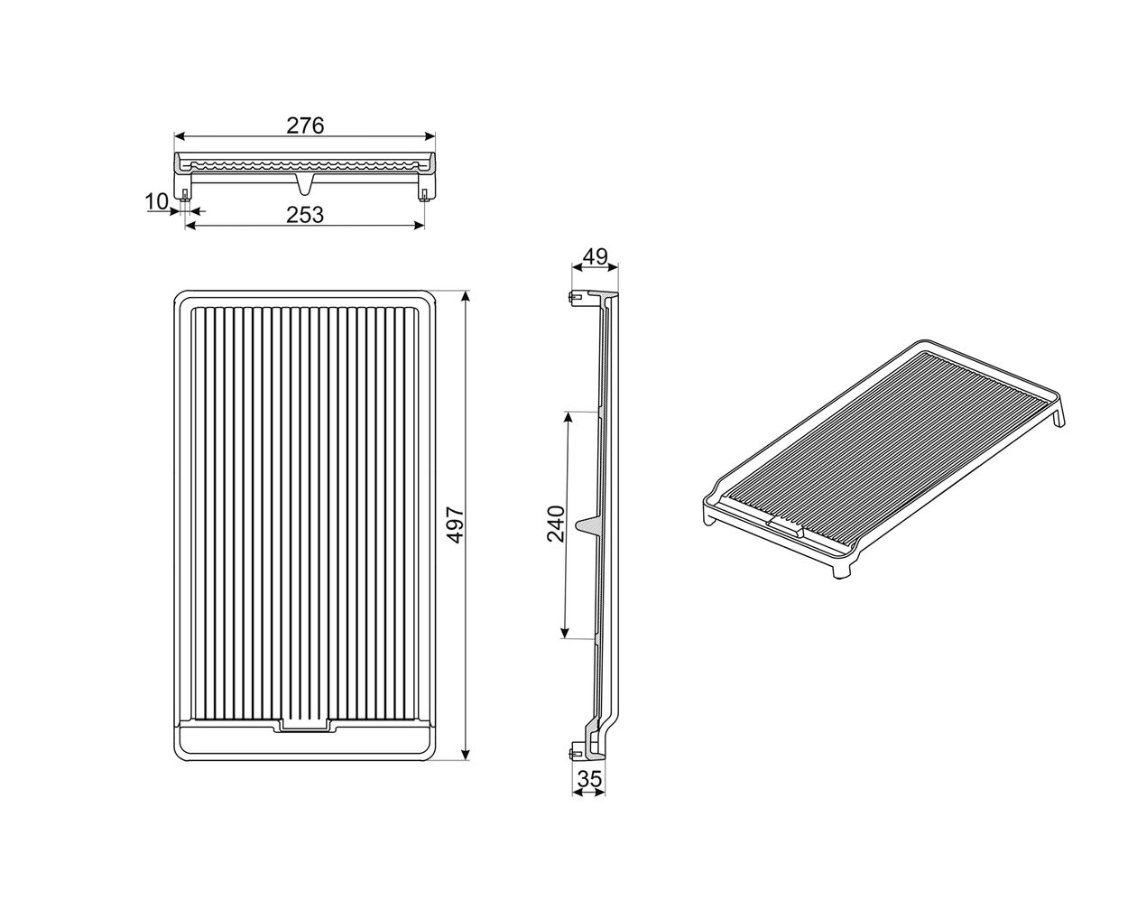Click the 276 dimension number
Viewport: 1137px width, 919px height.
tap(305, 125)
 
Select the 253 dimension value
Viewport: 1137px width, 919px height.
tap(305, 215)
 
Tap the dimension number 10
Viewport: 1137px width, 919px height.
tap(157, 202)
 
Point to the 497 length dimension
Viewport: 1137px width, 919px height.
tap(456, 525)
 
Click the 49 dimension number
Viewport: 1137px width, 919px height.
tap(595, 257)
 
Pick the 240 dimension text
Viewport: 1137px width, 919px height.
tap(556, 524)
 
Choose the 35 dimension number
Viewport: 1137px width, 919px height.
tap(588, 779)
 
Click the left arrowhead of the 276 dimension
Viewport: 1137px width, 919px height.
tap(180, 136)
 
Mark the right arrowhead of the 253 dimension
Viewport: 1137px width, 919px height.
tap(419, 226)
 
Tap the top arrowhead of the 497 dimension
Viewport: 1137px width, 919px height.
tap(467, 296)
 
